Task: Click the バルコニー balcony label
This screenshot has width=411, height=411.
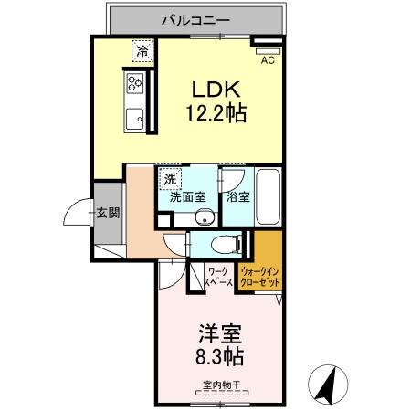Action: pyautogui.click(x=196, y=18)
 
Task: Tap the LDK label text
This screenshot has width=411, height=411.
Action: pyautogui.click(x=216, y=90)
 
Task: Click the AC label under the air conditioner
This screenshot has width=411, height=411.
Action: pyautogui.click(x=268, y=61)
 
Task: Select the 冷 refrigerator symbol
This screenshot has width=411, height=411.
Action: pyautogui.click(x=142, y=52)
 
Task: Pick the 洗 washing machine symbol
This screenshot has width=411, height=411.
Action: pyautogui.click(x=169, y=176)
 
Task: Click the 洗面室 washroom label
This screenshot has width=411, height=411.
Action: pyautogui.click(x=188, y=196)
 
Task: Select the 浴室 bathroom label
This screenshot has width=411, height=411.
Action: pyautogui.click(x=238, y=196)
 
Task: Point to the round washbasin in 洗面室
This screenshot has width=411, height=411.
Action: pyautogui.click(x=203, y=216)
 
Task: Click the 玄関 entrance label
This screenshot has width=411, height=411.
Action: pyautogui.click(x=108, y=214)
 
